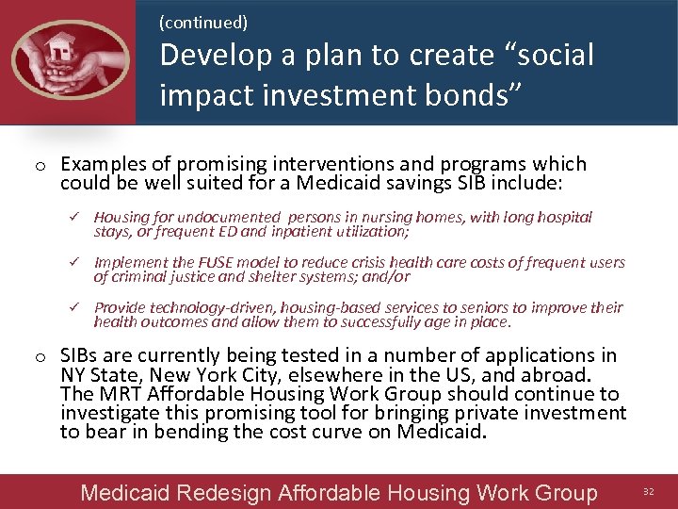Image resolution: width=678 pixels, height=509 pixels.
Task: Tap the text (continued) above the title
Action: point(203,20)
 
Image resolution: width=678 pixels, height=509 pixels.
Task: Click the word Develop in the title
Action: point(216,55)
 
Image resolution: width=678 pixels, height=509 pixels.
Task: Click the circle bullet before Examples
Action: point(40,166)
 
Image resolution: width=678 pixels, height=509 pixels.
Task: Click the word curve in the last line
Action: point(363,432)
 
